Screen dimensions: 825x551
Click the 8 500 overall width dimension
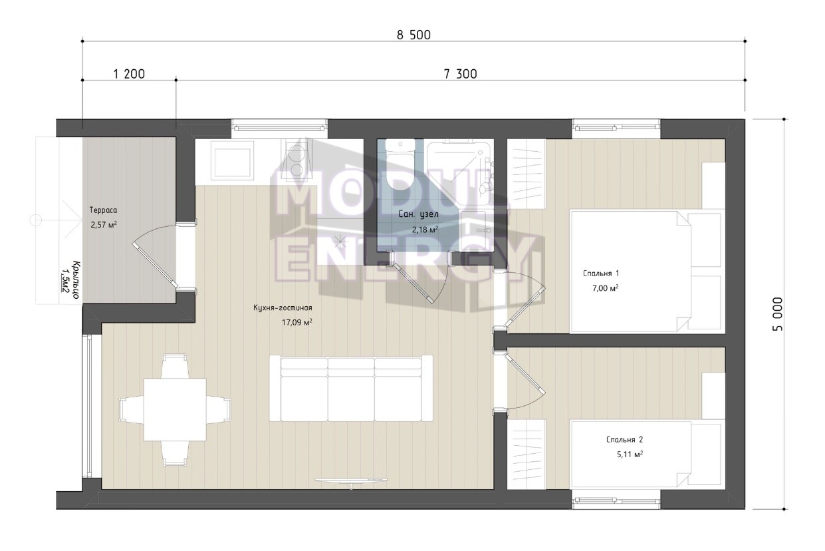click(413, 35)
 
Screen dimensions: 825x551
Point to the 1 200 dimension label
click(129, 74)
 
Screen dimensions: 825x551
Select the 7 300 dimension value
click(461, 74)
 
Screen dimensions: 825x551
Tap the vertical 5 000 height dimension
click(777, 314)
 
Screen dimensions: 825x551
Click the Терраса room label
click(103, 210)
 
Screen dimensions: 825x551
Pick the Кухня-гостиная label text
click(283, 307)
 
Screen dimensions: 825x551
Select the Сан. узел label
click(418, 214)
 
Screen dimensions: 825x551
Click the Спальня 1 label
click(601, 274)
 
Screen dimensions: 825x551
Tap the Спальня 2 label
click(624, 440)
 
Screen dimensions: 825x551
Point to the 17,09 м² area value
click(297, 323)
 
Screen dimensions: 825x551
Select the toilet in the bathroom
click(400, 165)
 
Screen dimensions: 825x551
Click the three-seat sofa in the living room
click(351, 388)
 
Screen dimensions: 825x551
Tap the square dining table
click(175, 409)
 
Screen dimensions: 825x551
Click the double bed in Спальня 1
click(646, 272)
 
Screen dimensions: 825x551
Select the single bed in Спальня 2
click(646, 455)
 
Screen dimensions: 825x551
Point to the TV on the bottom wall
click(352, 480)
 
